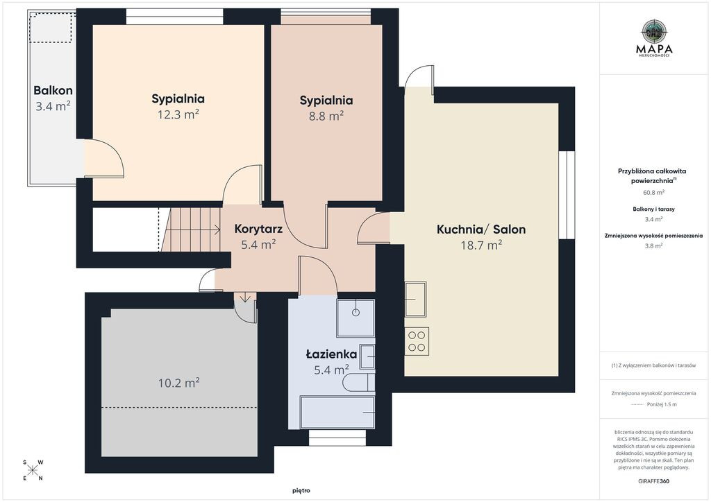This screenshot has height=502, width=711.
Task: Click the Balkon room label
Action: [x=53, y=91]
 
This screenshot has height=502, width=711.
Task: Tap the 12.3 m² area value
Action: [x=178, y=114]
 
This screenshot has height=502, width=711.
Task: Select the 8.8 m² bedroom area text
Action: [x=326, y=116]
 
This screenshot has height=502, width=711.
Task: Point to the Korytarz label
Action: [x=258, y=229]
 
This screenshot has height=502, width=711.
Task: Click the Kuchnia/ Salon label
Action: [x=481, y=230]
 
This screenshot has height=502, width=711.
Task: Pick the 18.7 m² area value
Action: [x=481, y=245]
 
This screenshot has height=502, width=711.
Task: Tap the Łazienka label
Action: [x=331, y=354]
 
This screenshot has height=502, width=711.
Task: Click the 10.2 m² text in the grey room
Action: [x=179, y=383]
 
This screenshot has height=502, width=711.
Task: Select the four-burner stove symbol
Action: [x=417, y=341]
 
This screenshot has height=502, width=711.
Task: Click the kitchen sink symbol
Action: [x=415, y=299]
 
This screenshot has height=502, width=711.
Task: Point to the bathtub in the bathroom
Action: [x=337, y=413]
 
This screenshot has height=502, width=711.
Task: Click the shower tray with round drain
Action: [x=356, y=318]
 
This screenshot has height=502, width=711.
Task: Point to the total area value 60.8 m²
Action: [x=654, y=192]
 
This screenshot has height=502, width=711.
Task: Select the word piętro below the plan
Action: [x=301, y=491]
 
